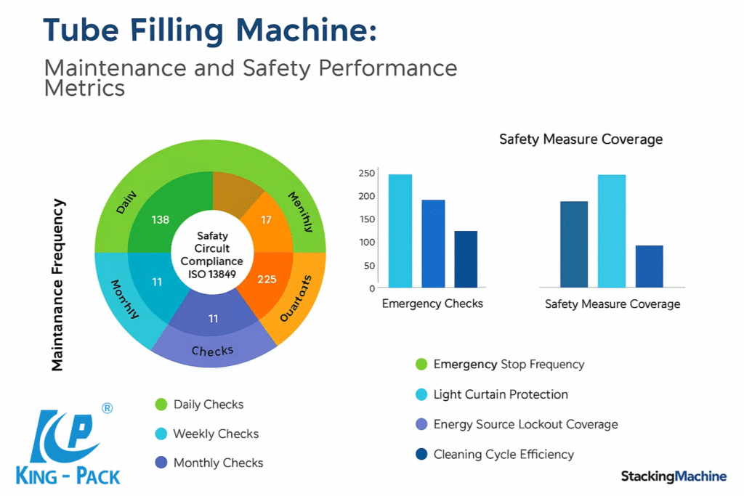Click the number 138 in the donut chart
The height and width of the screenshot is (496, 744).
click(x=160, y=219)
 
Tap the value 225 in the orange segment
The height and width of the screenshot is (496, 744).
click(x=267, y=279)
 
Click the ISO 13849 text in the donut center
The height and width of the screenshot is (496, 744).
click(x=213, y=274)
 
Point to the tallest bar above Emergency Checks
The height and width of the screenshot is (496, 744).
click(x=400, y=230)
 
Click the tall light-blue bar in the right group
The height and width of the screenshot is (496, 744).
click(x=612, y=230)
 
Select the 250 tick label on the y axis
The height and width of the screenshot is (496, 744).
click(x=366, y=173)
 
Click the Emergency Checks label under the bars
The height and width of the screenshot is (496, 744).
click(x=432, y=304)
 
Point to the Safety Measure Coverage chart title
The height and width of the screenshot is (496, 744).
click(x=581, y=139)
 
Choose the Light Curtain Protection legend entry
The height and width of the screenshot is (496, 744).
click(x=501, y=394)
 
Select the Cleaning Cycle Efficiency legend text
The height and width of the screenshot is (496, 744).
click(x=504, y=455)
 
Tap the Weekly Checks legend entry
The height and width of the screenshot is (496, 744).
click(x=216, y=434)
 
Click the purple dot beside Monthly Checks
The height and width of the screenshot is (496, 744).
click(x=161, y=463)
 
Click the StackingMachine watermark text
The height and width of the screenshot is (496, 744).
click(x=674, y=476)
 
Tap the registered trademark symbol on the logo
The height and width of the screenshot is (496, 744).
click(x=108, y=409)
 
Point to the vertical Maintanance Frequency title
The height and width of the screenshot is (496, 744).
click(x=58, y=285)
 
